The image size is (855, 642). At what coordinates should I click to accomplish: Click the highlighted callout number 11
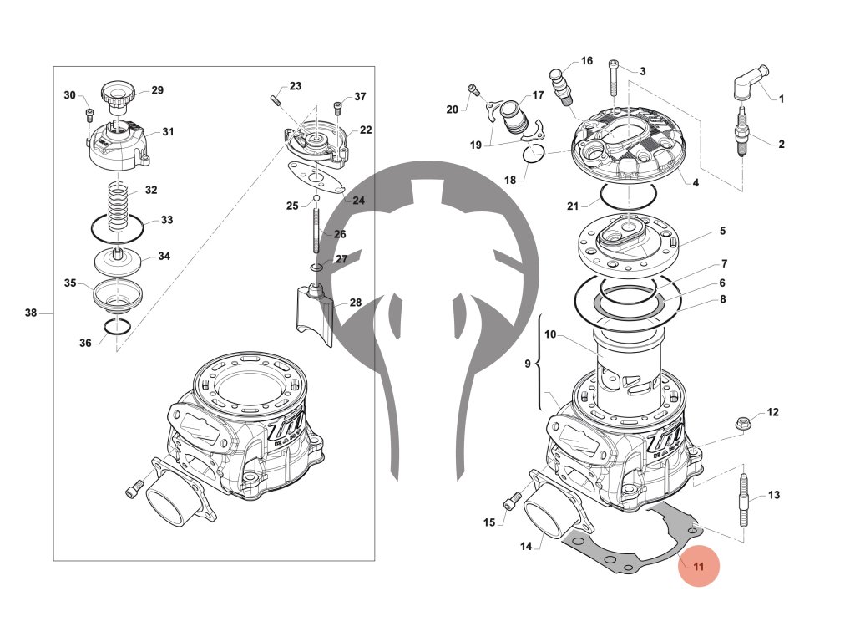point(699,567)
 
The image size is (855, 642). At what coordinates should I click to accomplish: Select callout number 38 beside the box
point(31,313)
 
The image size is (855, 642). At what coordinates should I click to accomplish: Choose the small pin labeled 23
point(274,101)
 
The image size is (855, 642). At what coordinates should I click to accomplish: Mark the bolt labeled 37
point(338,107)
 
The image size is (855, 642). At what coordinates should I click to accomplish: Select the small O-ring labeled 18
point(535,153)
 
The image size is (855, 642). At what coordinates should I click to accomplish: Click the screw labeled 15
point(511,502)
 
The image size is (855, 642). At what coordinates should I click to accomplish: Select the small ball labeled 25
point(316,199)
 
